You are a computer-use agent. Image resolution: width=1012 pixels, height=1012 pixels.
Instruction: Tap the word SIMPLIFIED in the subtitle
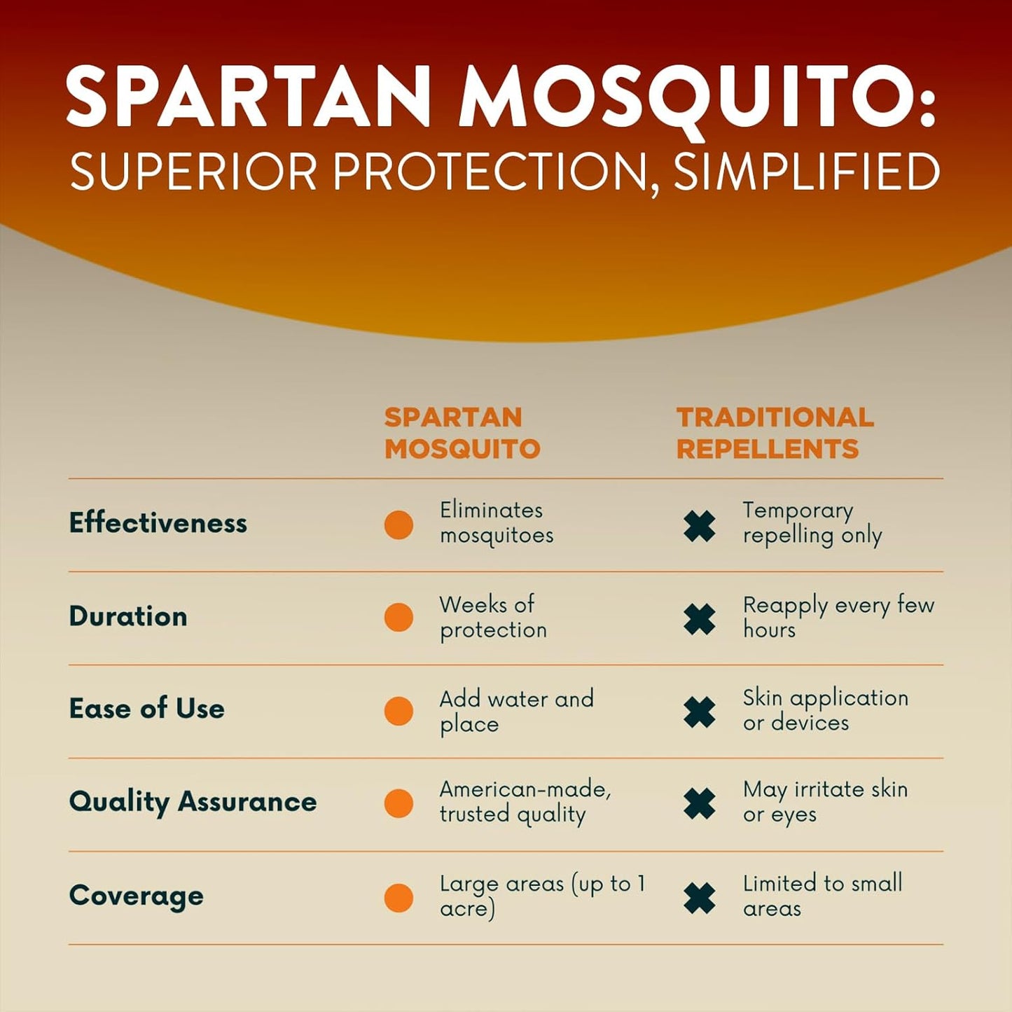(806, 172)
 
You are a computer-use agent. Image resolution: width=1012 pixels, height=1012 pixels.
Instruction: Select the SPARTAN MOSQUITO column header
(462, 433)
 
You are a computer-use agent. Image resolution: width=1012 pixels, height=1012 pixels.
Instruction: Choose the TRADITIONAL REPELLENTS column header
(775, 433)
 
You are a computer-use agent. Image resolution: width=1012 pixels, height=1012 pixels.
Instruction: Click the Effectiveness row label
(158, 523)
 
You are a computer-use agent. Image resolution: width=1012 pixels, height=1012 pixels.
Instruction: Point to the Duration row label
(128, 616)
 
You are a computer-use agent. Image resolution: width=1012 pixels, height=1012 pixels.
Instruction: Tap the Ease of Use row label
(147, 709)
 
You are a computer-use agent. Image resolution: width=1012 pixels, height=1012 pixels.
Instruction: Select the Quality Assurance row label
(193, 802)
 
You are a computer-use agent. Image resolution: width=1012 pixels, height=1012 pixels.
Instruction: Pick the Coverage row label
(137, 896)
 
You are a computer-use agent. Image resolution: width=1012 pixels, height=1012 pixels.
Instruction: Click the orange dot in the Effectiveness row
(398, 525)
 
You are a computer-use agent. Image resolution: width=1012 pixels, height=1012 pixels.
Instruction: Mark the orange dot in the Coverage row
(398, 898)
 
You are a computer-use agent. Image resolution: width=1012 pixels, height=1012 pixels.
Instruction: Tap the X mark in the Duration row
(700, 619)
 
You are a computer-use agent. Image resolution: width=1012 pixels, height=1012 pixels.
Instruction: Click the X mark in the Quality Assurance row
(700, 804)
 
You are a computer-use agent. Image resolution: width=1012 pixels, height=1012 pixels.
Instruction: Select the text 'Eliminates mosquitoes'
(496, 522)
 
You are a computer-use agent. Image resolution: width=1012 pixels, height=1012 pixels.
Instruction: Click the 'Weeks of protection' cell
(492, 617)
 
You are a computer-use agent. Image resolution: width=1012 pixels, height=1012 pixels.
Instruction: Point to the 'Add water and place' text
(516, 710)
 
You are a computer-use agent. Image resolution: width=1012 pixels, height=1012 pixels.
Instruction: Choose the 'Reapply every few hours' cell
(838, 617)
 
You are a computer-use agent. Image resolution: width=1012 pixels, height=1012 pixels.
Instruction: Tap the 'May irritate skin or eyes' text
(825, 802)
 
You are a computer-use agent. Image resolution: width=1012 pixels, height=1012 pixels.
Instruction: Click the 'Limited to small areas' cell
(822, 896)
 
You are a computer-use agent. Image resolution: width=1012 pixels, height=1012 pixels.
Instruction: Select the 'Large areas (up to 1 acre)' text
(542, 896)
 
